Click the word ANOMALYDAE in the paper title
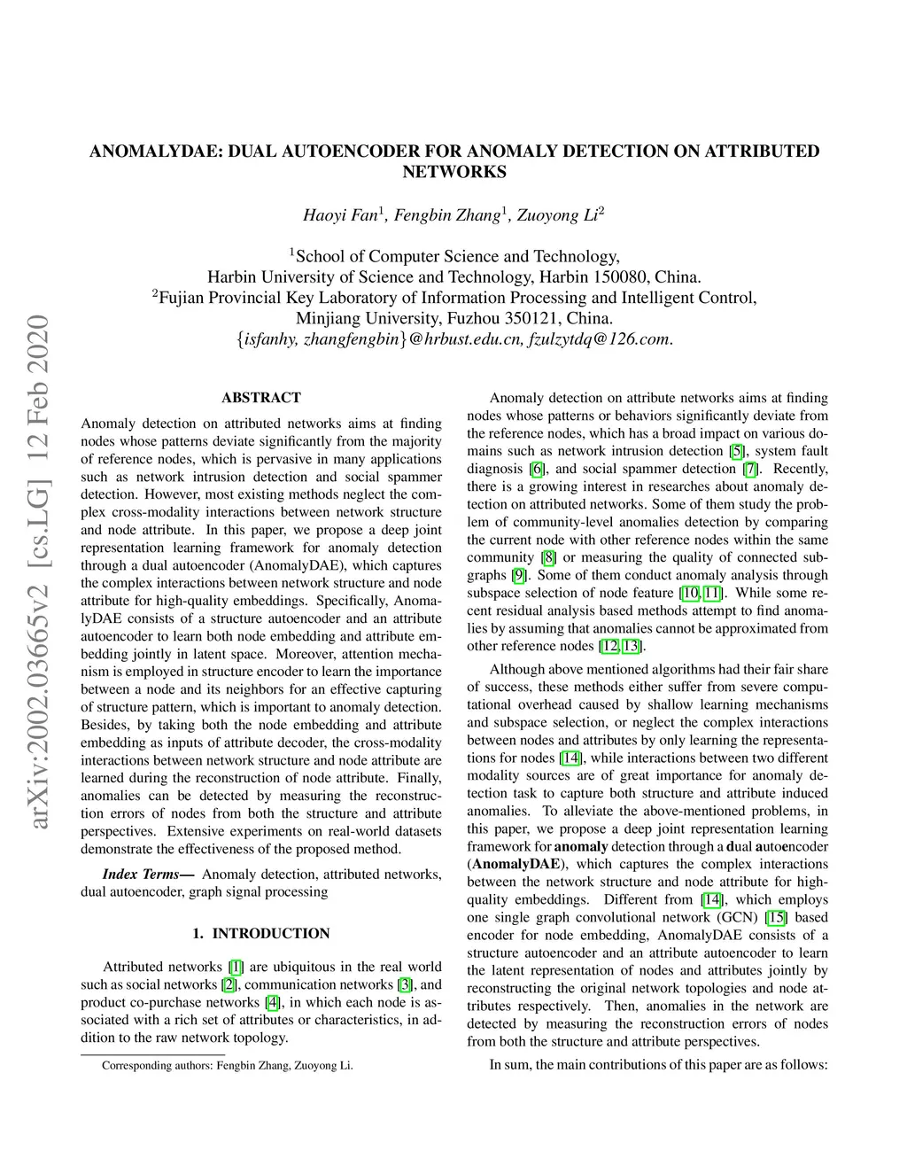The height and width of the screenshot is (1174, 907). coord(156,152)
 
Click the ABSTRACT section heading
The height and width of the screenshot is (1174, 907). coord(261,398)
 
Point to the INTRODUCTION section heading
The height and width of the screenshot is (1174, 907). coord(270,933)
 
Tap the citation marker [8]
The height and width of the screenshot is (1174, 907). coord(549,557)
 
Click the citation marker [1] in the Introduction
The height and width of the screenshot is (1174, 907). coord(236,967)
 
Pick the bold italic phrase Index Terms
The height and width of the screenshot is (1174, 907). coord(142,875)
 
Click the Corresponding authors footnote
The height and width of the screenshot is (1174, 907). coord(227,1066)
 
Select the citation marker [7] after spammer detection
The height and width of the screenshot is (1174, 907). coord(751,469)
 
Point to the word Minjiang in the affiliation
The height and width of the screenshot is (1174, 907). coord(329,318)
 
